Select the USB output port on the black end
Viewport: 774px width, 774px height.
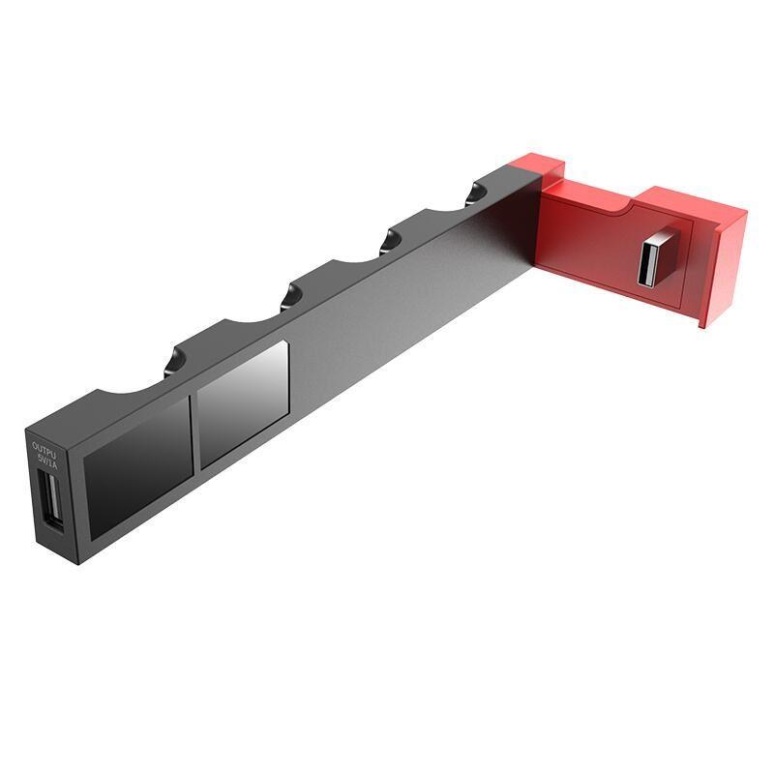tap(51, 499)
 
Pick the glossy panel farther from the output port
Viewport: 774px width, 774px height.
tap(243, 406)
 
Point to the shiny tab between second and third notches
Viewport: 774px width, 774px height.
tap(289, 295)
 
